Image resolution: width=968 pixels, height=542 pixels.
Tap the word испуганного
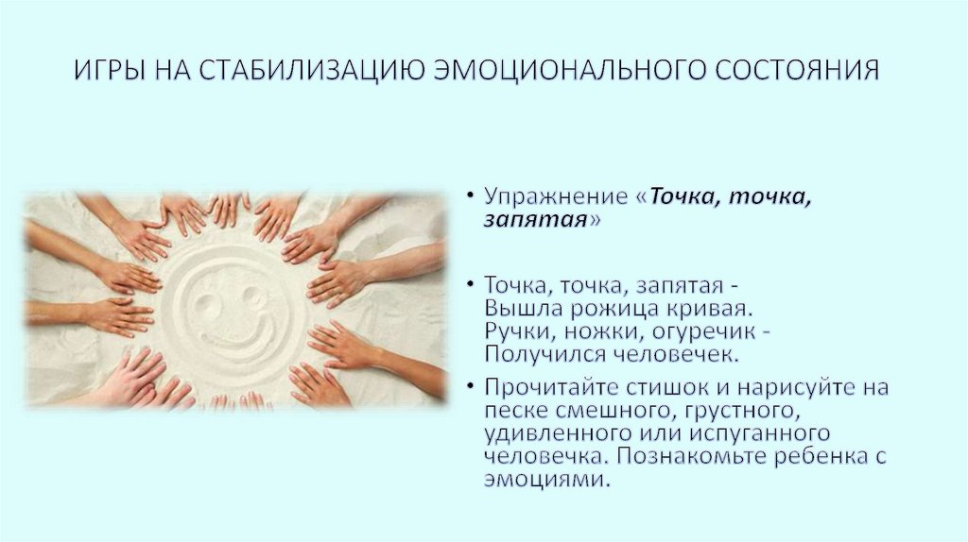coord(754,433)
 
